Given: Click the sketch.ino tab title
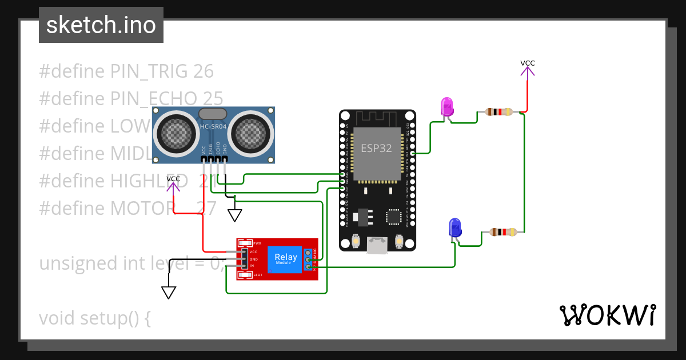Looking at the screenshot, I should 101,25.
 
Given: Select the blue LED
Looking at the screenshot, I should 455,227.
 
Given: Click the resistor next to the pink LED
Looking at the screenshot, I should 498,112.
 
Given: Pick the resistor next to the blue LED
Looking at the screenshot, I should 504,232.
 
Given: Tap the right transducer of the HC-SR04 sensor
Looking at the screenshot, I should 249,133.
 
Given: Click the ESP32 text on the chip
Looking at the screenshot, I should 376,147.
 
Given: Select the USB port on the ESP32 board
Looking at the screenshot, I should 377,245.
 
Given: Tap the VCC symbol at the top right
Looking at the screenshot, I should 527,67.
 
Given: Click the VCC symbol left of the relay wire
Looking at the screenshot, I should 173,183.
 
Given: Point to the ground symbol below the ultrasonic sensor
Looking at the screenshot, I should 235,215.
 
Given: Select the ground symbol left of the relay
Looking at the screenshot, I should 169,292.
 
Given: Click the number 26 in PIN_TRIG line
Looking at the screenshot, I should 204,71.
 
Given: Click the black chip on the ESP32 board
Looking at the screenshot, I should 393,216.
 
